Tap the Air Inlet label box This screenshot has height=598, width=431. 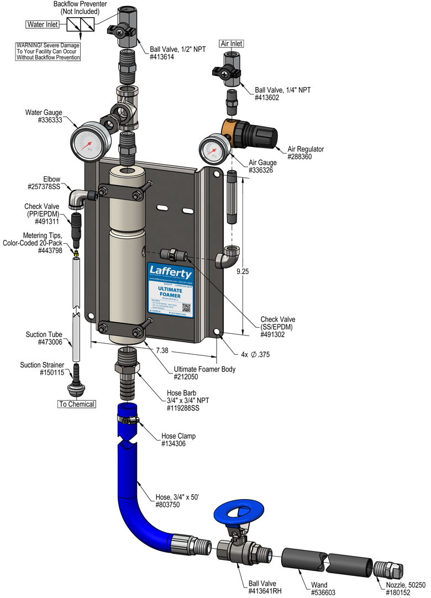(232, 43)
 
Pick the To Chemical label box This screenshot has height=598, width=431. (77, 404)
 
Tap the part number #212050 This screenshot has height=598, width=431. (187, 377)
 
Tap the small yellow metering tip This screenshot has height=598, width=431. (76, 252)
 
